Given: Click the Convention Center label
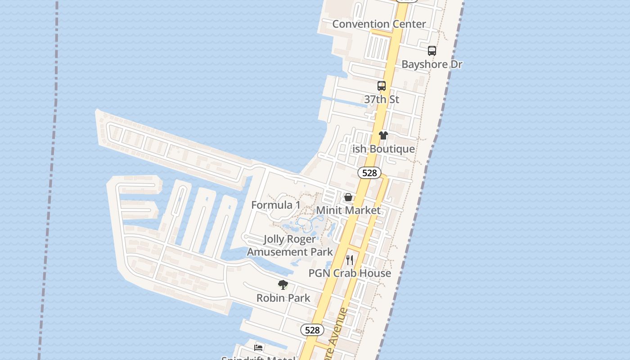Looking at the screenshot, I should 379,24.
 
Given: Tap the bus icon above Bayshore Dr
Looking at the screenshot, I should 432,51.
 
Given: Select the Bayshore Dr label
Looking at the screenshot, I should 432,64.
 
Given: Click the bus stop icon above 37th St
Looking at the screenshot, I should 382,85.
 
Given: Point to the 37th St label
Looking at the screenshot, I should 382,99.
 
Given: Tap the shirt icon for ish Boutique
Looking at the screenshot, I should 383,135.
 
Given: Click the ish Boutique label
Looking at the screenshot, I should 383,149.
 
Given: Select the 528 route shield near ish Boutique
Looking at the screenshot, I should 369,173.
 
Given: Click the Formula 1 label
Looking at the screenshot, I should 275,205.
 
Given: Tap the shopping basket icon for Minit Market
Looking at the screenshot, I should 348,197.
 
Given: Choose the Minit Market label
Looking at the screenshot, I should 348,210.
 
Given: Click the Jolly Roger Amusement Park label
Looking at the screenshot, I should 290,246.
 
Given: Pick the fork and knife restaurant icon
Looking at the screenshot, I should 350,260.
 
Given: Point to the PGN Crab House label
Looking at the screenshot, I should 350,273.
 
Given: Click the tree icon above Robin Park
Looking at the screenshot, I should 283,284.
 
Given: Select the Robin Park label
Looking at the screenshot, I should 283,298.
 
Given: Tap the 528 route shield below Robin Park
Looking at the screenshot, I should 312,330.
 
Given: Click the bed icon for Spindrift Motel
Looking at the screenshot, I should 258,347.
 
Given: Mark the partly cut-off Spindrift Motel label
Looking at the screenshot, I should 258,358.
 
